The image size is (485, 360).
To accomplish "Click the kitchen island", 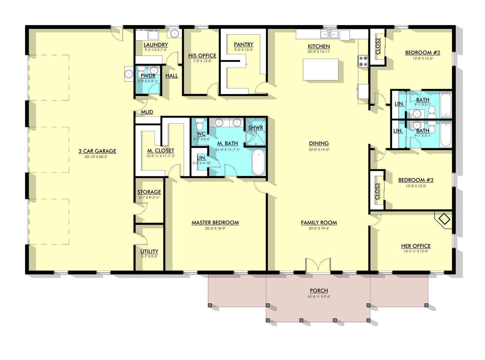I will tap(321, 70).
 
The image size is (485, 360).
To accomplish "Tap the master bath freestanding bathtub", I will tap(258, 162).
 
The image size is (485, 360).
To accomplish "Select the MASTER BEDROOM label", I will tap(215, 223).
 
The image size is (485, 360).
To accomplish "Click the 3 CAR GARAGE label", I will tap(97, 151).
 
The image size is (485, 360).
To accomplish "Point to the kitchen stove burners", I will tap(363, 61).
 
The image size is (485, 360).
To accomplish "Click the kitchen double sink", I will tap(329, 34).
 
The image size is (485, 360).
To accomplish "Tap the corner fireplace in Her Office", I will tap(444, 220).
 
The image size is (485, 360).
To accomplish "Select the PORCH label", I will tap(319, 291).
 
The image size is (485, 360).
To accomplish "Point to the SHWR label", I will tap(255, 128).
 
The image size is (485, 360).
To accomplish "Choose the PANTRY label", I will tap(243, 45).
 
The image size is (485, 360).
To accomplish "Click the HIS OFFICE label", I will tap(202, 56).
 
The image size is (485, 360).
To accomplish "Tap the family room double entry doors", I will tap(318, 265).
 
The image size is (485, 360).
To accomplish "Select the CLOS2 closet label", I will tap(378, 46).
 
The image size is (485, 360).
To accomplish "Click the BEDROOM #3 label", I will tap(416, 180).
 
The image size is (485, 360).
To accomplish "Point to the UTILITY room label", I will tap(149, 252).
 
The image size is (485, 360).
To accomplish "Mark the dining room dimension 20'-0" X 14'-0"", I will tap(319, 150).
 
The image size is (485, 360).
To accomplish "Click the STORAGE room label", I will tap(149, 192).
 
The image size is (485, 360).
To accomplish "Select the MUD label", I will tap(147, 112).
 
